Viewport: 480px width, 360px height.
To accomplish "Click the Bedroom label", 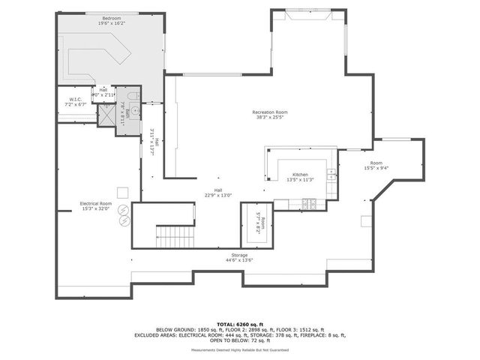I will click(x=112, y=17).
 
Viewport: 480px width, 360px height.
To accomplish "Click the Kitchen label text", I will click(x=300, y=174).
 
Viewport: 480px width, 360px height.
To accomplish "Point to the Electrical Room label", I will click(x=96, y=203).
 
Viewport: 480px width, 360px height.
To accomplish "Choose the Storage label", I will click(x=239, y=256).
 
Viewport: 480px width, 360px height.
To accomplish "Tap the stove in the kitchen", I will click(x=308, y=202).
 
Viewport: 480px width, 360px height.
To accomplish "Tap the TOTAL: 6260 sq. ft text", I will click(x=239, y=324).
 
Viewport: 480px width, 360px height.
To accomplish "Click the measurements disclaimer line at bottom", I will click(x=239, y=350).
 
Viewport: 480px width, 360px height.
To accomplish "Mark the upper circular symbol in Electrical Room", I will click(x=123, y=211).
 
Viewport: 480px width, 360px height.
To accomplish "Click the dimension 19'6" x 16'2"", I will click(x=112, y=22).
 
